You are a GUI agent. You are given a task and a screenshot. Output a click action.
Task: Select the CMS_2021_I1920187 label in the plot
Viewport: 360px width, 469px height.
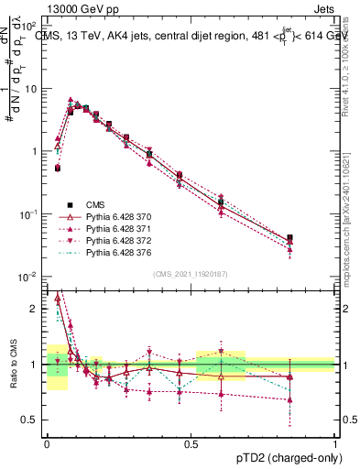[191, 274]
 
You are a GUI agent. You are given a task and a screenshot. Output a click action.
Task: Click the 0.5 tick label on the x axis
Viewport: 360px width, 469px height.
[191, 442]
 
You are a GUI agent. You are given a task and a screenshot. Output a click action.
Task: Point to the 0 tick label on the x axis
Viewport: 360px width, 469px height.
[47, 442]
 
